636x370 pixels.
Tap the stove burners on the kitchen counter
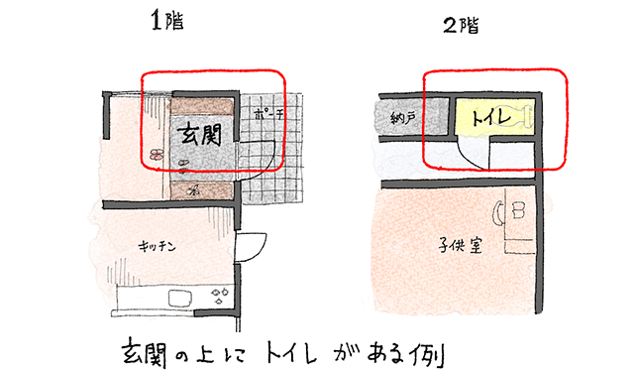tap(220, 295)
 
